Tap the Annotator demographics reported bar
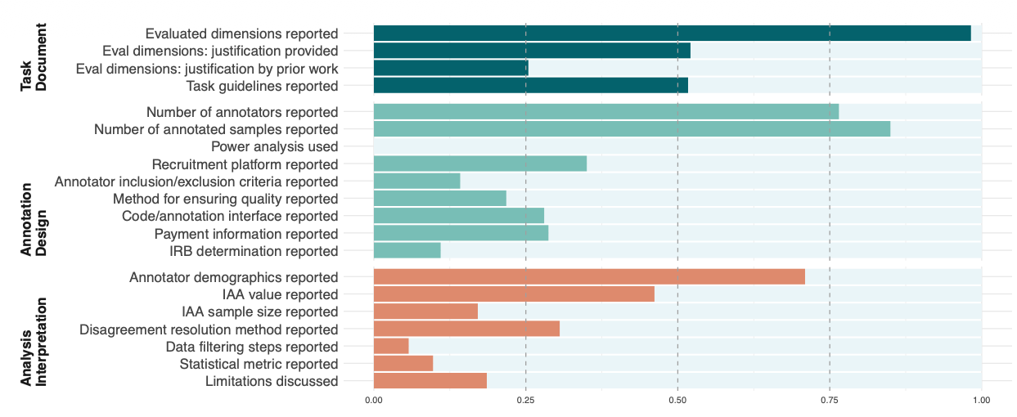[x=589, y=277]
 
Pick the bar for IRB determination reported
[x=407, y=251]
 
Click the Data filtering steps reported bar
[x=391, y=347]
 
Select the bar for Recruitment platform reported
[x=480, y=164]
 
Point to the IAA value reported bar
[x=514, y=294]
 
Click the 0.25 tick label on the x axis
[x=525, y=400]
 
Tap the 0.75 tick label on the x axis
[x=830, y=400]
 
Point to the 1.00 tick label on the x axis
[x=981, y=400]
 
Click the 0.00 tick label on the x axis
[x=374, y=400]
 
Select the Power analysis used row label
[x=274, y=147]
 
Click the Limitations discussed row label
[x=272, y=382]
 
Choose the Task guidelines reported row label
[x=262, y=86]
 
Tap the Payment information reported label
[x=246, y=234]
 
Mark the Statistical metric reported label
[x=259, y=364]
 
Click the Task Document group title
[x=34, y=60]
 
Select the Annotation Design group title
[x=34, y=219]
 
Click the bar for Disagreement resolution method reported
[x=466, y=329]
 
